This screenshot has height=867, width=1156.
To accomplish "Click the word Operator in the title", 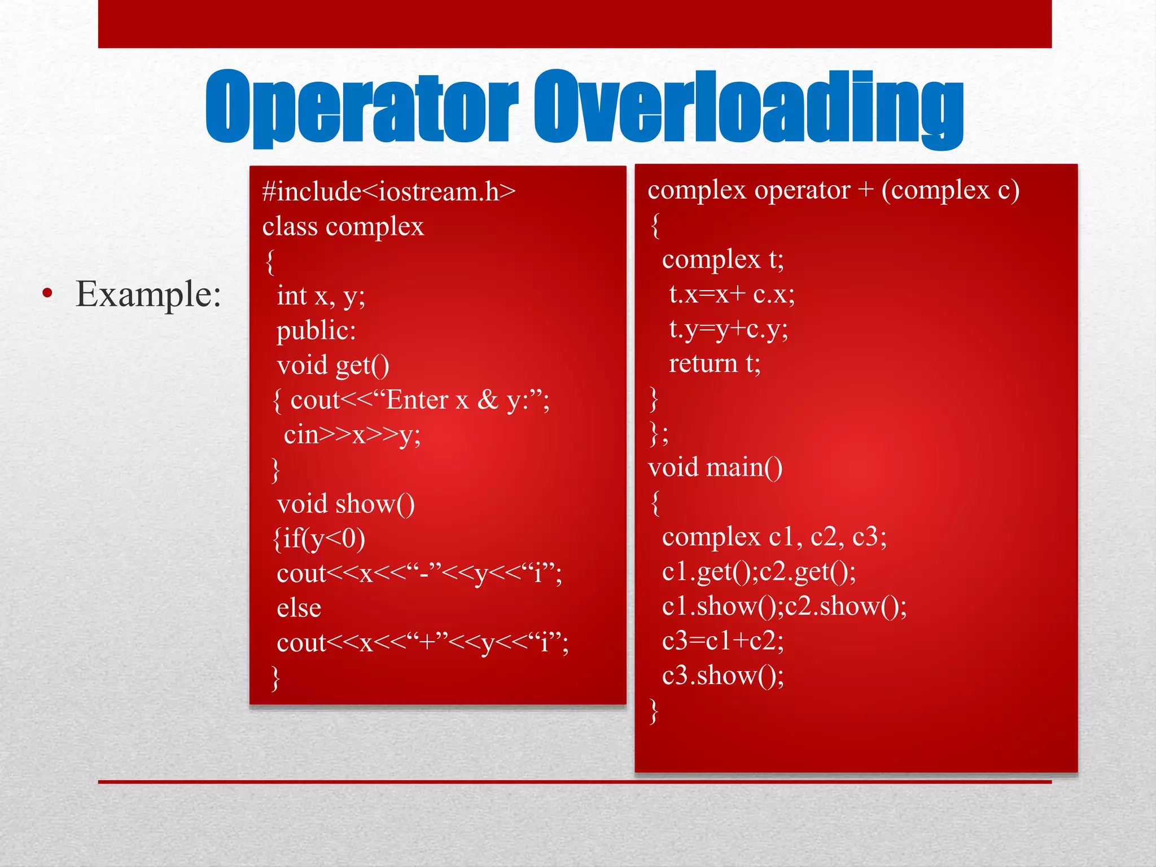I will click(x=361, y=107).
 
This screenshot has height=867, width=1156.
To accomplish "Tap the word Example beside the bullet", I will click(x=148, y=294).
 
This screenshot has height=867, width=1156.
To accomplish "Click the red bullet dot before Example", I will click(x=47, y=293).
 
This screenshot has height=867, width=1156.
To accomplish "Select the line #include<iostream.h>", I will click(x=389, y=192).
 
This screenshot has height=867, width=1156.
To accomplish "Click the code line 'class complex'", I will click(x=343, y=227).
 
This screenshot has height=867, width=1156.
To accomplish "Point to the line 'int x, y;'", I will click(x=321, y=296).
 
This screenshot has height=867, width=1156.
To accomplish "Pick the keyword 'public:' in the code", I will click(x=316, y=331).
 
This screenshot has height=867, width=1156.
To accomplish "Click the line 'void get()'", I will click(x=333, y=366).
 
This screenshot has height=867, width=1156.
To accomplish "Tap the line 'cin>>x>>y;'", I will click(x=352, y=435).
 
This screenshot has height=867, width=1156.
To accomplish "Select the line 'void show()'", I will click(x=345, y=504).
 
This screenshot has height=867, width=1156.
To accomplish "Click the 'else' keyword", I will click(x=299, y=608).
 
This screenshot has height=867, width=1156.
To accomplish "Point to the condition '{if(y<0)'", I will click(x=319, y=538).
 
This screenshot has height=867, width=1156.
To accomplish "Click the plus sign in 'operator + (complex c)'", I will click(x=865, y=191).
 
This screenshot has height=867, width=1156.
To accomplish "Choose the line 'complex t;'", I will click(x=722, y=260).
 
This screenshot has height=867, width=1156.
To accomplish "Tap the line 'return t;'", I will click(x=715, y=364).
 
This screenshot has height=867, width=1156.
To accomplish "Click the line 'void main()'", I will click(x=715, y=468).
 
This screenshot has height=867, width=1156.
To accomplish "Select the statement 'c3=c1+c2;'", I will click(x=722, y=641).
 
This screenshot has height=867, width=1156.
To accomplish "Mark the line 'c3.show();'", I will click(x=722, y=676).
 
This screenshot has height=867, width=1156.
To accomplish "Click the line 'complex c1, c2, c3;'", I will click(x=774, y=537).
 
